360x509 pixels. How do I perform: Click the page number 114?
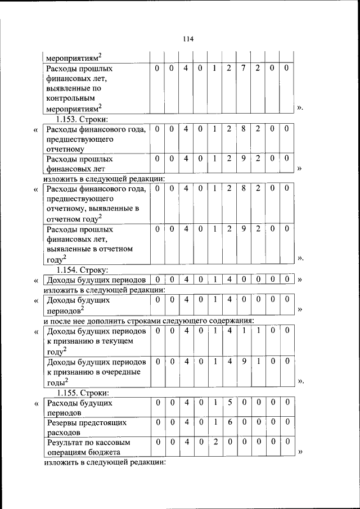tap(188, 39)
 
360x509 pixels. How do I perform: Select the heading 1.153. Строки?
tap(82, 119)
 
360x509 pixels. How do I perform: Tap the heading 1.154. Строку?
tap(82, 270)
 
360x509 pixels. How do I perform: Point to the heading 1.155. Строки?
tap(82, 393)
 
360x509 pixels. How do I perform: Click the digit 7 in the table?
tap(243, 68)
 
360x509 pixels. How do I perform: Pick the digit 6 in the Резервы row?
tap(229, 422)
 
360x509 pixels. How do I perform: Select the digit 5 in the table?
tap(229, 403)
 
